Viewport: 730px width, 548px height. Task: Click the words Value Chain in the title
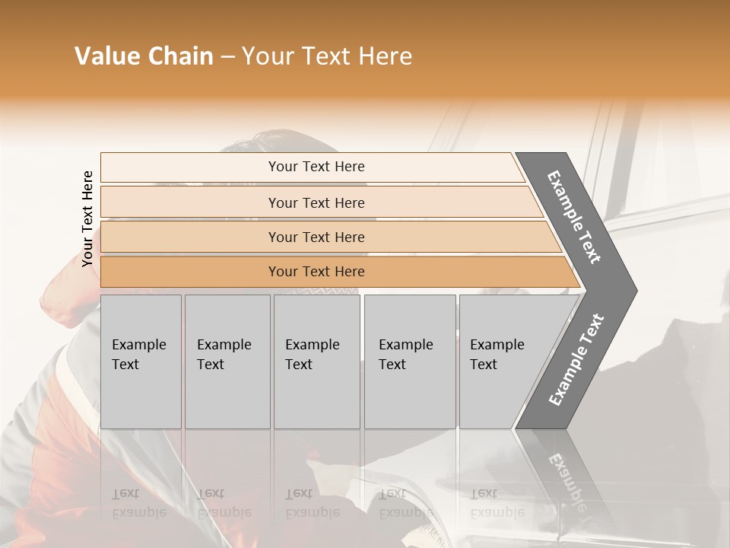(144, 56)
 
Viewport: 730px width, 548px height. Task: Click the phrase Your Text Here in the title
(327, 56)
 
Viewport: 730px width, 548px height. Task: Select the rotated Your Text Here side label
(87, 218)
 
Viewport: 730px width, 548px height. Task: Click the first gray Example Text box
(141, 362)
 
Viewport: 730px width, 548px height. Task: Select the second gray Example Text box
(227, 362)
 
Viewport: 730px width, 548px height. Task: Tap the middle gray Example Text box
(316, 362)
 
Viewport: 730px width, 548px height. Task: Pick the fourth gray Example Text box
(410, 362)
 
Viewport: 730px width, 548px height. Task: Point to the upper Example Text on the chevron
(575, 217)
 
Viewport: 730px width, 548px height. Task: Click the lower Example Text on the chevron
(576, 359)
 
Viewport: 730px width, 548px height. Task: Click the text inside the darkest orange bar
(316, 272)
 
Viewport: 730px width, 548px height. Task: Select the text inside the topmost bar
(316, 167)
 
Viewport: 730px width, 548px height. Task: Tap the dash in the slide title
(227, 57)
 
